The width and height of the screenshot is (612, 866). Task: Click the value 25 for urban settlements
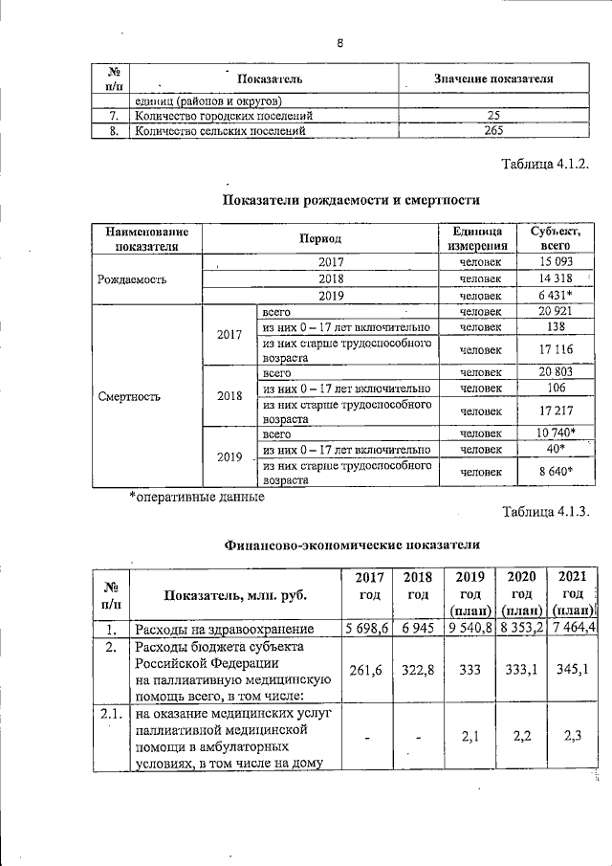pos(493,117)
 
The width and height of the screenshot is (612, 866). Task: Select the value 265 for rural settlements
pos(493,132)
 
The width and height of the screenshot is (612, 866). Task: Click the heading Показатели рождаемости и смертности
pos(351,200)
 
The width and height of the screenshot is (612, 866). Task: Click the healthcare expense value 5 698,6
pos(366,628)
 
